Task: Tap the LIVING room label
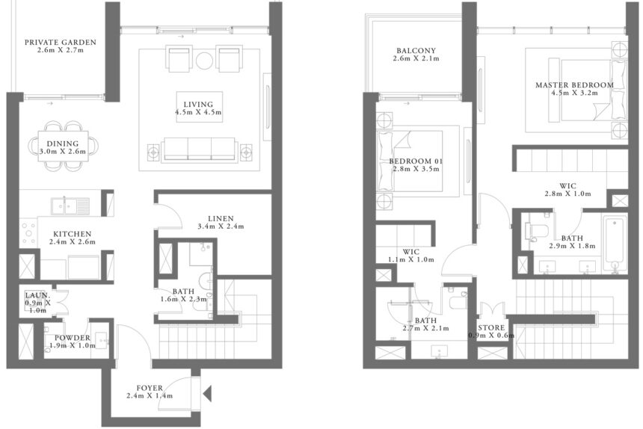[198, 104]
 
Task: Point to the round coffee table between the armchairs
[204, 59]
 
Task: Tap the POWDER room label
[72, 338]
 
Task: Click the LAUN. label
[37, 295]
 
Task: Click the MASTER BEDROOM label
[574, 85]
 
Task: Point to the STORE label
[491, 327]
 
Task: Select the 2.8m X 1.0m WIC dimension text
[567, 194]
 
